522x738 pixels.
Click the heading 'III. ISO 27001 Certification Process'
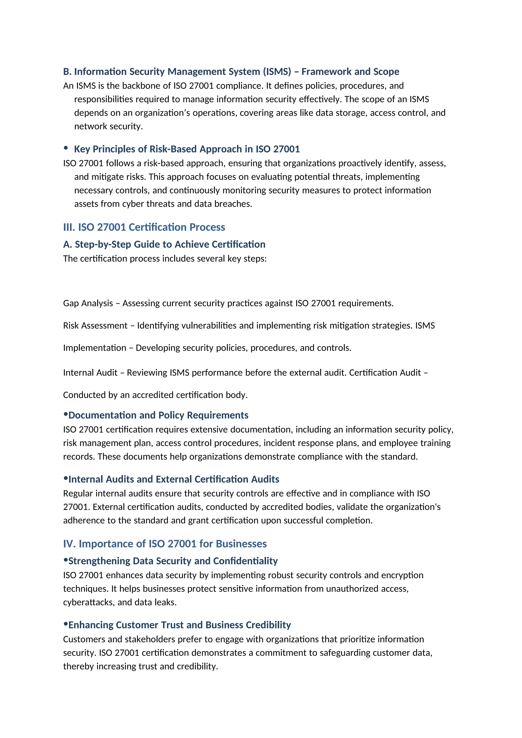coord(144,227)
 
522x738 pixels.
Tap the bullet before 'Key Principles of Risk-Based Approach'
coord(66,148)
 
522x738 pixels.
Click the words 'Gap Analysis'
coord(88,303)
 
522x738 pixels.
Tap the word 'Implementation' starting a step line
coord(95,348)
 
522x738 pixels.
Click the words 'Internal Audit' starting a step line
coord(90,373)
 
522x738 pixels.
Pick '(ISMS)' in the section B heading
coord(277,71)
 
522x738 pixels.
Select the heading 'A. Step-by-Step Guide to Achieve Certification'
coord(164,244)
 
